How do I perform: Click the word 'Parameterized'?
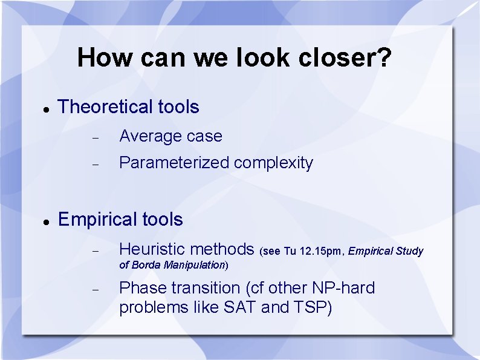click(174, 163)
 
